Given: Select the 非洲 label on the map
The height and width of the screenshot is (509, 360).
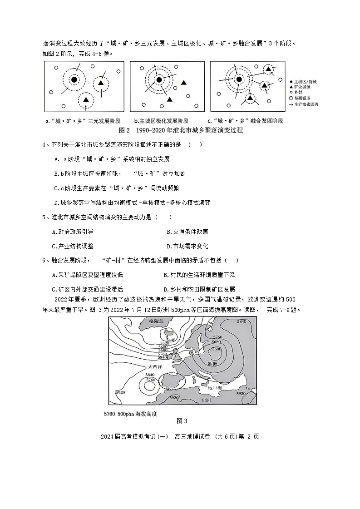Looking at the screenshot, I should pyautogui.click(x=205, y=400).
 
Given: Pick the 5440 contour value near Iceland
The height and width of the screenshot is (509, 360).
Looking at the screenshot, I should pyautogui.click(x=171, y=339).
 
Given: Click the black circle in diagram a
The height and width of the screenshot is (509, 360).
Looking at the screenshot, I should pyautogui.click(x=74, y=80).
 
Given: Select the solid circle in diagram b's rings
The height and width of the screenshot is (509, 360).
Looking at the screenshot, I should pyautogui.click(x=158, y=80).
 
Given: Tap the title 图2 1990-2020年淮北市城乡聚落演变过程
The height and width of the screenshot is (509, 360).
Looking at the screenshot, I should pyautogui.click(x=181, y=131).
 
